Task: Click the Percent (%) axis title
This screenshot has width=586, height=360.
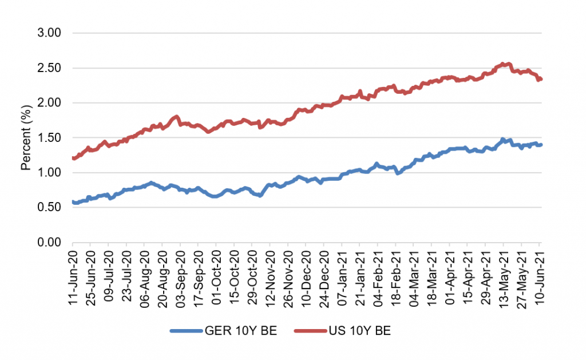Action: click(25, 137)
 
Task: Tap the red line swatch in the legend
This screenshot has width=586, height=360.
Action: click(309, 330)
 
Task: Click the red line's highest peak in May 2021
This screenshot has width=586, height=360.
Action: click(503, 64)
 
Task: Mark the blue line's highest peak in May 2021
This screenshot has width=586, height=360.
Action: click(502, 139)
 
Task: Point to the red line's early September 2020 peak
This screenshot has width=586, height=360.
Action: click(177, 116)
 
